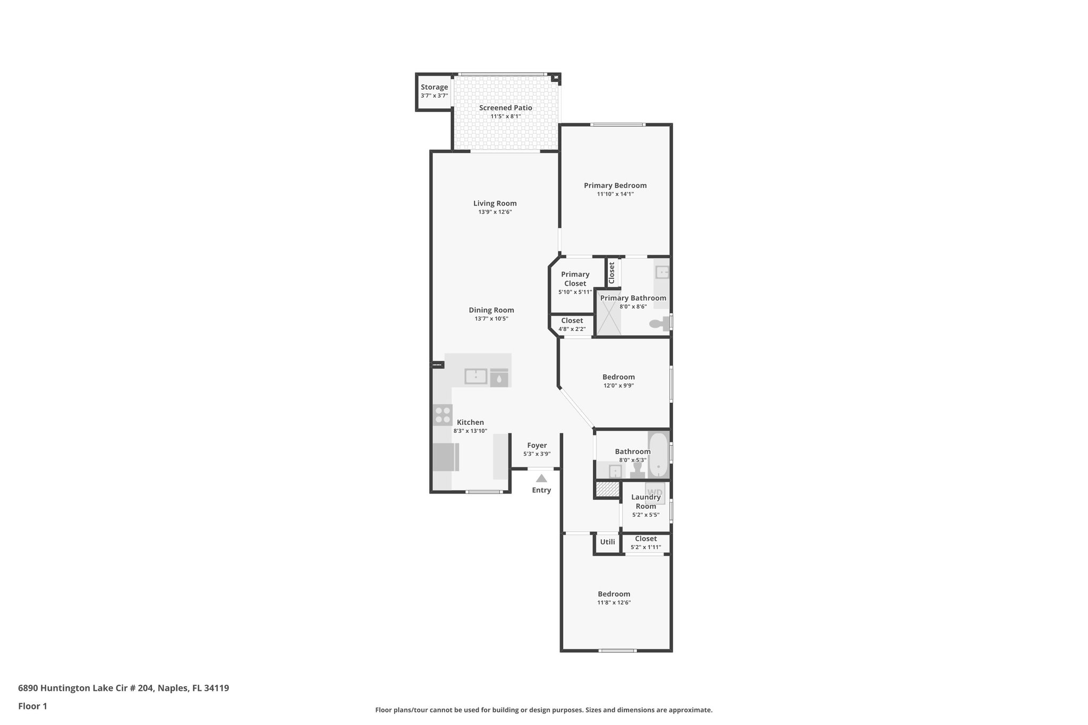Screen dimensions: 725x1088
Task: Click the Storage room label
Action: click(x=434, y=87)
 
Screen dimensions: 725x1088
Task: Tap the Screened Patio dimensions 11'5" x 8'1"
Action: click(x=505, y=116)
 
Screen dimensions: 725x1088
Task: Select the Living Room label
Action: click(x=495, y=203)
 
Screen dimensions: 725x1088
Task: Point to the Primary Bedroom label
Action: click(x=615, y=185)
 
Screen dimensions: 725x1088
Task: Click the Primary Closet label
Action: click(x=575, y=279)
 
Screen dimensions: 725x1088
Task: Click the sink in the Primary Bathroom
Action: click(x=662, y=272)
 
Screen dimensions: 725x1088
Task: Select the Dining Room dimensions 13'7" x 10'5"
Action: click(x=491, y=319)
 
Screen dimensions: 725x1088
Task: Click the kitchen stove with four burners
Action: click(x=442, y=414)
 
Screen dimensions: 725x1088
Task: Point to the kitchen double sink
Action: click(x=476, y=376)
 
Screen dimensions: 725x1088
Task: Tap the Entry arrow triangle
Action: click(x=541, y=478)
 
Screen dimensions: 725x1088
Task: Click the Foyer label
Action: click(x=537, y=445)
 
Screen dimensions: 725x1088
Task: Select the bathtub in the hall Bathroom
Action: click(x=658, y=456)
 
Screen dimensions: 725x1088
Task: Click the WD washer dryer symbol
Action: click(x=654, y=492)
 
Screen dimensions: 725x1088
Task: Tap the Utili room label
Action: click(x=607, y=542)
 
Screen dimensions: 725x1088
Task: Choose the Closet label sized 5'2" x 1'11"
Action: click(x=645, y=539)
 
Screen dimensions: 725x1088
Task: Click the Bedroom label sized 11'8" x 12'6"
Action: click(x=614, y=594)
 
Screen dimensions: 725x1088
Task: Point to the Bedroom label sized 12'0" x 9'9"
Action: click(x=618, y=377)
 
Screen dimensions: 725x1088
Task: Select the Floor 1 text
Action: click(x=32, y=706)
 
